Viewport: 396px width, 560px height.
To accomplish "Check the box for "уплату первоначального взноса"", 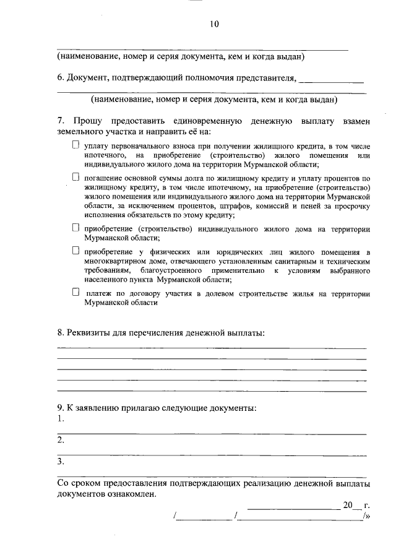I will [75, 145].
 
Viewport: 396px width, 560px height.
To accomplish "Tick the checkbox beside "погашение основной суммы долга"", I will [75, 177].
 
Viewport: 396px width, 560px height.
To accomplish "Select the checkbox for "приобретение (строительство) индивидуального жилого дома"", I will [75, 228].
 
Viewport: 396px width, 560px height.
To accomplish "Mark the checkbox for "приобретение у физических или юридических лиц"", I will [75, 251].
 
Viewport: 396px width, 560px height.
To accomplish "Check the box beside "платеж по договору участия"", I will [75, 293].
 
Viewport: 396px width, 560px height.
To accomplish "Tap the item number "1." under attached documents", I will [61, 419].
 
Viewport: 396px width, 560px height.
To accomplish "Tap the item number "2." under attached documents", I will [61, 440].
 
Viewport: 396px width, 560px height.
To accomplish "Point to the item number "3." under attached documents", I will [61, 461].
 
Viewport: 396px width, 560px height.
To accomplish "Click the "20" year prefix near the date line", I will [348, 505].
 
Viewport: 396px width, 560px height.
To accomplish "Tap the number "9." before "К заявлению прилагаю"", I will [61, 408].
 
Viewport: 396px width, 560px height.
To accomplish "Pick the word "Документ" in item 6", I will [87, 79].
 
